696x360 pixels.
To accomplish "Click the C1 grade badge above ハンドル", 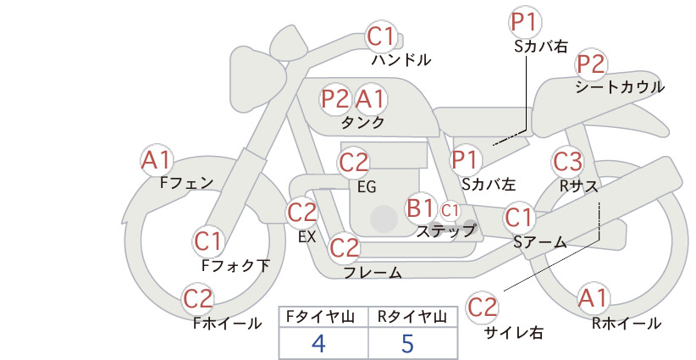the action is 381,36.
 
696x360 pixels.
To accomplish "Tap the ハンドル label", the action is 401,59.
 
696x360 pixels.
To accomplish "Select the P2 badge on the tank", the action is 335,98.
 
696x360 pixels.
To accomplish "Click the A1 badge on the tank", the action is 369,98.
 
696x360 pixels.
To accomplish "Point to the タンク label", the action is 362,122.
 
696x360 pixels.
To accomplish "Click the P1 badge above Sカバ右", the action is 526,22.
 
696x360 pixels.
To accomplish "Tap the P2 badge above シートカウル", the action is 591,64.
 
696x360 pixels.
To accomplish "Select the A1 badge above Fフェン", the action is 157,160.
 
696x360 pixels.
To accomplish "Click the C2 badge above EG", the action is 354,163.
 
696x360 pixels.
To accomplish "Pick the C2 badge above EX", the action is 302,213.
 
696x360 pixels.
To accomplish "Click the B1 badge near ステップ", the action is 420,208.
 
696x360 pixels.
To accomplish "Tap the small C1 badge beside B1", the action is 450,211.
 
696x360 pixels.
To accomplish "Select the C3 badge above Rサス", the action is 567,161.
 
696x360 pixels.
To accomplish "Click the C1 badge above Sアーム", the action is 518,218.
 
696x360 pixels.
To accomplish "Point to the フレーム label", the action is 373,272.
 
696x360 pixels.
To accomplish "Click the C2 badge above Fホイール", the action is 198,299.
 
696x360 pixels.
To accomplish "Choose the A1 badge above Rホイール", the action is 593,298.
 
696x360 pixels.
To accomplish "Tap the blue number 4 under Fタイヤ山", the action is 318,343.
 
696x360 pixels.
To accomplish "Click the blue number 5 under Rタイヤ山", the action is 407,343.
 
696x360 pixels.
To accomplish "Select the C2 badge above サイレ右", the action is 482,307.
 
